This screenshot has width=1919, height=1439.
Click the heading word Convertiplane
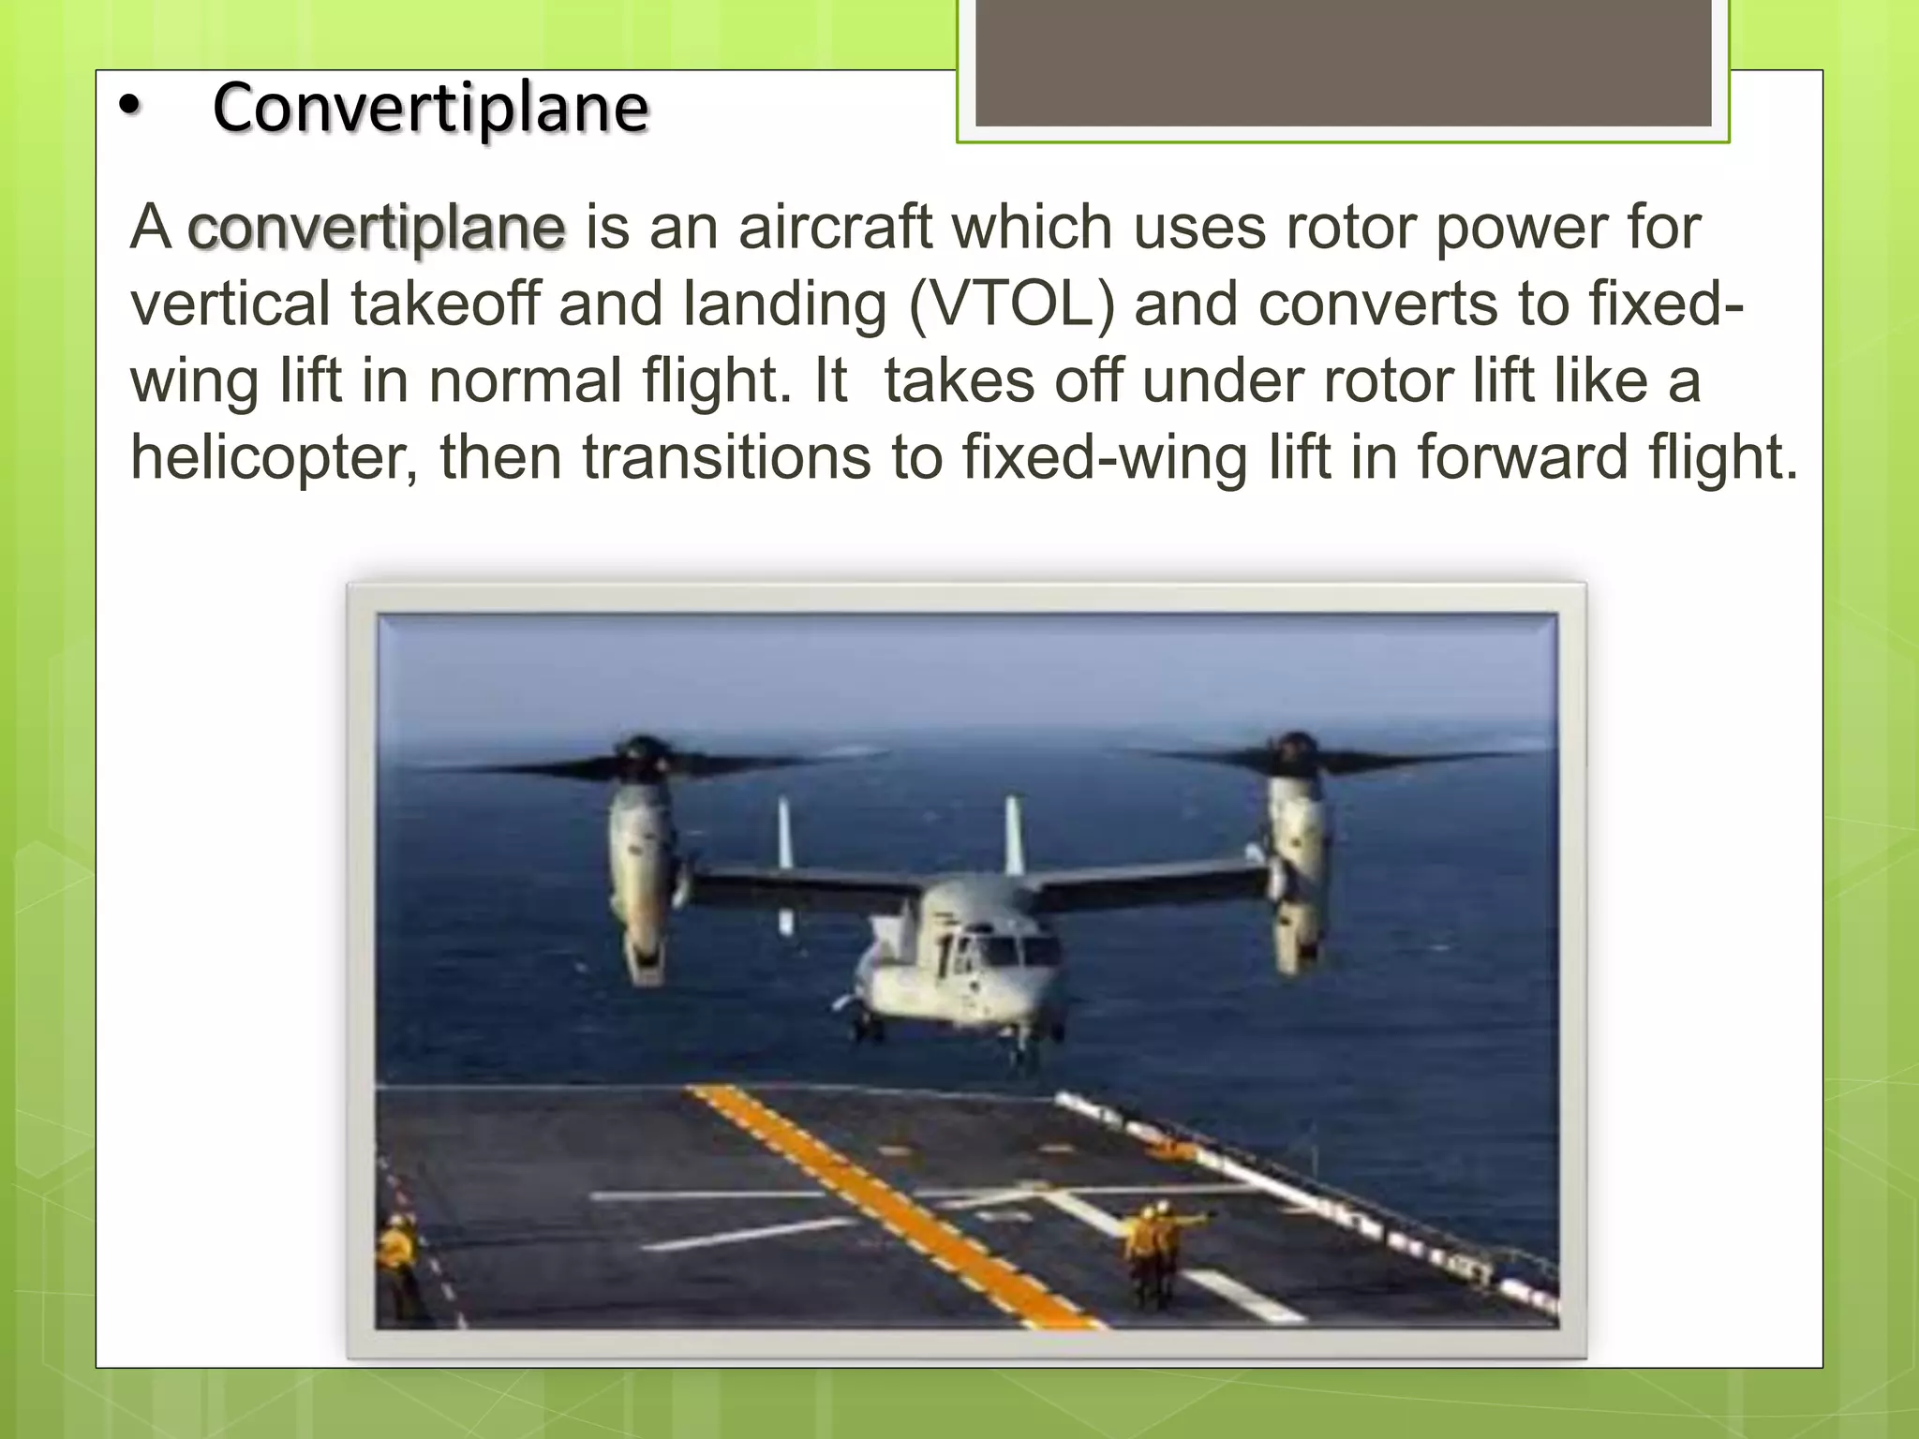[430, 108]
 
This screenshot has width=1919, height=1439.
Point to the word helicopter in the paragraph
[274, 457]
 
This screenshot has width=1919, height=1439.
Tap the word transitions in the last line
[726, 457]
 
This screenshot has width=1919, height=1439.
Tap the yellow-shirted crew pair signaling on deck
[1153, 1251]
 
